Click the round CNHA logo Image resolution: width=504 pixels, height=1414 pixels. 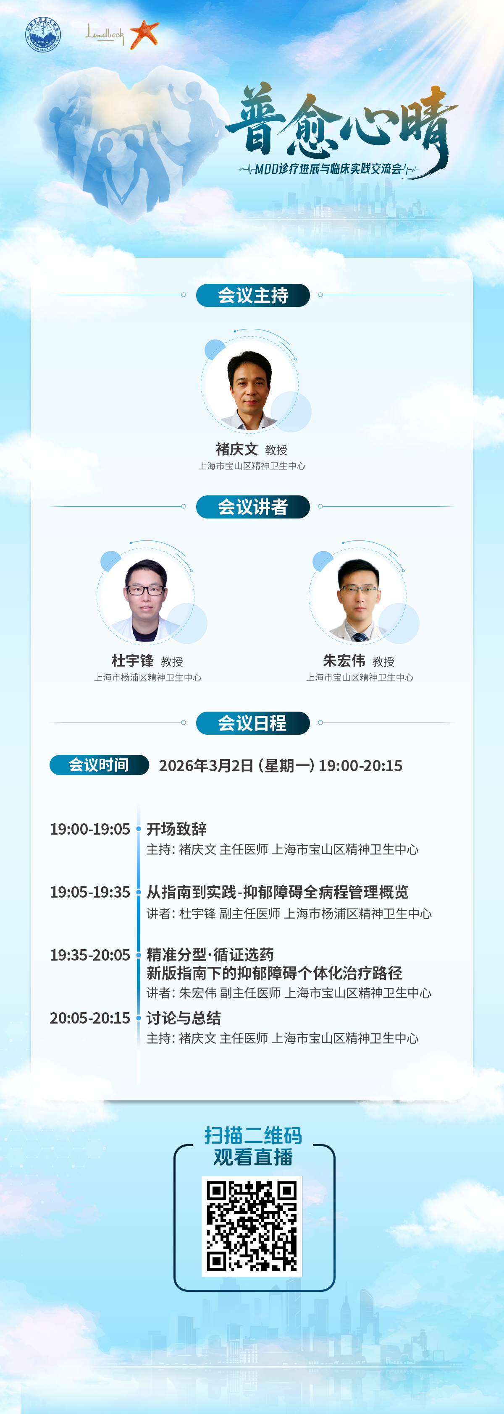click(43, 34)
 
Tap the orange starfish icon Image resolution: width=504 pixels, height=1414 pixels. click(144, 34)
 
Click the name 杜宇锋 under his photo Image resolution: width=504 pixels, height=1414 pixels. click(132, 660)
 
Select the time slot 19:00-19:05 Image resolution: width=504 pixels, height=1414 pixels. click(90, 829)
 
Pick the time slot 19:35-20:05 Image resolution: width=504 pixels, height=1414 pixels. click(90, 955)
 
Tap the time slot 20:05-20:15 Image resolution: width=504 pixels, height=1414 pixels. click(90, 1018)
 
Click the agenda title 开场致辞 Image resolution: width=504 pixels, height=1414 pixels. click(176, 829)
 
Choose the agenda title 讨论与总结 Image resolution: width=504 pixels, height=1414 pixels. click(184, 1018)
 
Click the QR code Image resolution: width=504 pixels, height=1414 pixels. click(252, 1226)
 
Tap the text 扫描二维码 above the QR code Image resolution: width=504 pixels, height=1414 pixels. click(253, 1136)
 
